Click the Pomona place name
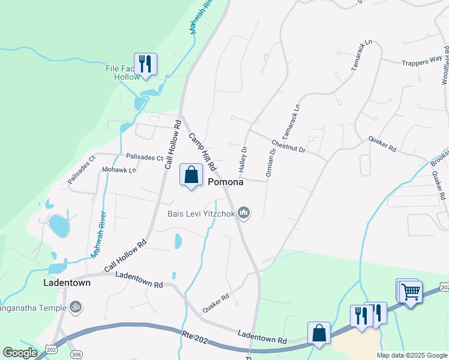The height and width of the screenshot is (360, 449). tap(226, 182)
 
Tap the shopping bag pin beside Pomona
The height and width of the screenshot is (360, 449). tap(191, 175)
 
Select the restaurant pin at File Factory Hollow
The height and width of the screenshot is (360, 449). tap(145, 63)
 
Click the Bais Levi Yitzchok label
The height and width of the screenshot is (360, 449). tap(200, 213)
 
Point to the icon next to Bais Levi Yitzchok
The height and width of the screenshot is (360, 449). tap(244, 213)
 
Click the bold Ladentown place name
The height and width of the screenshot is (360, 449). tap(67, 282)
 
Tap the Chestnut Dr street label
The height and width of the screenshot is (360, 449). tap(289, 147)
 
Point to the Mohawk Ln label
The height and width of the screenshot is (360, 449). tap(119, 170)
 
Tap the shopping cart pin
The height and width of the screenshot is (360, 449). tap(411, 293)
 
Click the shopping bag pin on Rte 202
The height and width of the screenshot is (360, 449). tap(319, 333)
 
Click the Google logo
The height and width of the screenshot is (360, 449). tap(20, 353)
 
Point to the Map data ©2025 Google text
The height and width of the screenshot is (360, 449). tap(411, 355)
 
